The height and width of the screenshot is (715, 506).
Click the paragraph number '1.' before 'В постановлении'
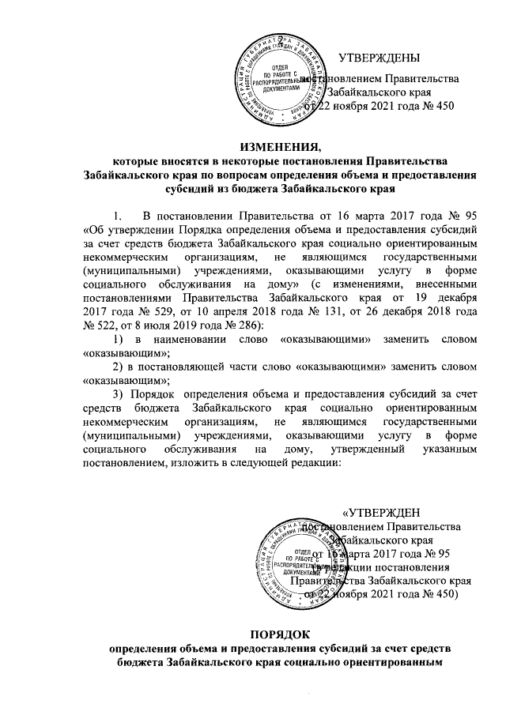119,216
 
